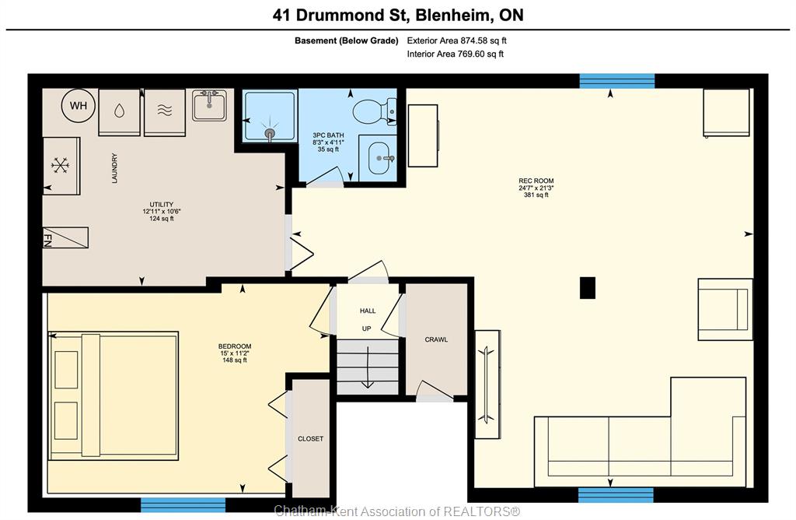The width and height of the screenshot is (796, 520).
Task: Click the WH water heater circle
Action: pyautogui.click(x=79, y=106)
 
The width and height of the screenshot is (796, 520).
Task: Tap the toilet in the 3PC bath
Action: pyautogui.click(x=375, y=111)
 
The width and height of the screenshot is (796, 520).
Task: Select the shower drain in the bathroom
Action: pyautogui.click(x=270, y=134)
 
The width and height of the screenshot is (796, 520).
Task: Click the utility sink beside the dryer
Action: pyautogui.click(x=209, y=105)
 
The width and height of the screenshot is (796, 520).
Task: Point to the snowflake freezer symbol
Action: pyautogui.click(x=60, y=165)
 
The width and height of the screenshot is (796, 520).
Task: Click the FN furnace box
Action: pyautogui.click(x=65, y=237)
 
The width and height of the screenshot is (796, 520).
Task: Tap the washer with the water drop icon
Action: pyautogui.click(x=119, y=112)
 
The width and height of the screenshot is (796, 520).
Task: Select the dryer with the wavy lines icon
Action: pyautogui.click(x=165, y=112)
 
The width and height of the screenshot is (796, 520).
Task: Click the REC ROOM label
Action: pyautogui.click(x=536, y=181)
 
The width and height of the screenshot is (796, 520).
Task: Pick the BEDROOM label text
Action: pyautogui.click(x=235, y=346)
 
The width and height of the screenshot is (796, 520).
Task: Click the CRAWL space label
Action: pyautogui.click(x=436, y=339)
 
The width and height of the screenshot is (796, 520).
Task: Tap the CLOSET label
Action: pyautogui.click(x=310, y=439)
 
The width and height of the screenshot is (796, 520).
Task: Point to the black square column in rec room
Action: pyautogui.click(x=588, y=288)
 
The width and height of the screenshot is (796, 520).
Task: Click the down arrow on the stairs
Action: pyautogui.click(x=367, y=367)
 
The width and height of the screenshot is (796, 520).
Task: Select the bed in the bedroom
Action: pyautogui.click(x=113, y=396)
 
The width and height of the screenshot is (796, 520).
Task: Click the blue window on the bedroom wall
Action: pyautogui.click(x=183, y=504)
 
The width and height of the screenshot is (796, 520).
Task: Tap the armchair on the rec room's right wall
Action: pyautogui.click(x=725, y=309)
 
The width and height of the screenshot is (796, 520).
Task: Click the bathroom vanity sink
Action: pyautogui.click(x=378, y=158)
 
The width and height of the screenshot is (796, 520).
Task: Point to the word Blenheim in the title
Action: pyautogui.click(x=453, y=15)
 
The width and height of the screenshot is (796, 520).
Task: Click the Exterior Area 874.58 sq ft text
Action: pyautogui.click(x=456, y=40)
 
